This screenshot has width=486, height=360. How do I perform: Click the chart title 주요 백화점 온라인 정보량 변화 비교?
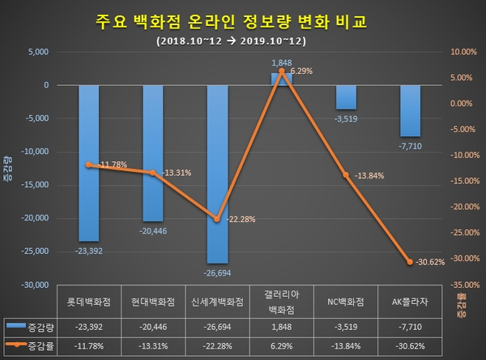(230, 20)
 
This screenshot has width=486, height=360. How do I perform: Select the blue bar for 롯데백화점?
(88, 162)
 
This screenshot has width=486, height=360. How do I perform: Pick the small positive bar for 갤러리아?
(282, 79)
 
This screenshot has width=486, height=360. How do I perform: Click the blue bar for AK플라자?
(411, 110)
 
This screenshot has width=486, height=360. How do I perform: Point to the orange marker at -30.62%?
(411, 261)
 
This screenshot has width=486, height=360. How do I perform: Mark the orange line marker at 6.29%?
(282, 71)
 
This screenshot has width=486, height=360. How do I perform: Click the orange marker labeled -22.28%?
(217, 219)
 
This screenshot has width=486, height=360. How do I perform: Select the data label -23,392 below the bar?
(88, 251)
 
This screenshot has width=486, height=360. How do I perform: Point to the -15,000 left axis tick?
(32, 186)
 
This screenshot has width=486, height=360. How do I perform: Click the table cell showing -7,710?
(411, 326)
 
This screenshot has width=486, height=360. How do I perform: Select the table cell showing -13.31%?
(152, 347)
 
